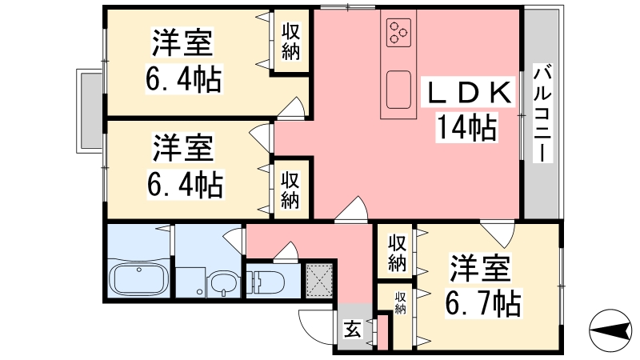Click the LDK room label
click(x=469, y=93)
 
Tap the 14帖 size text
click(x=467, y=128)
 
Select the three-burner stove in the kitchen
click(x=398, y=32)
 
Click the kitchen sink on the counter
click(x=398, y=90)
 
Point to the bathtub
click(x=138, y=278)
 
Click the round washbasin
click(x=222, y=284)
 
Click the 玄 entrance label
click(x=352, y=329)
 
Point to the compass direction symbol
click(x=610, y=330)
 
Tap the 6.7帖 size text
click(x=483, y=303)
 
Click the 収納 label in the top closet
click(x=290, y=42)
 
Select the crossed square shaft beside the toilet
click(x=319, y=281)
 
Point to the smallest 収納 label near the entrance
click(x=400, y=303)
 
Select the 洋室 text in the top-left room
click(x=183, y=42)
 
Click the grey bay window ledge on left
click(x=90, y=110)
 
